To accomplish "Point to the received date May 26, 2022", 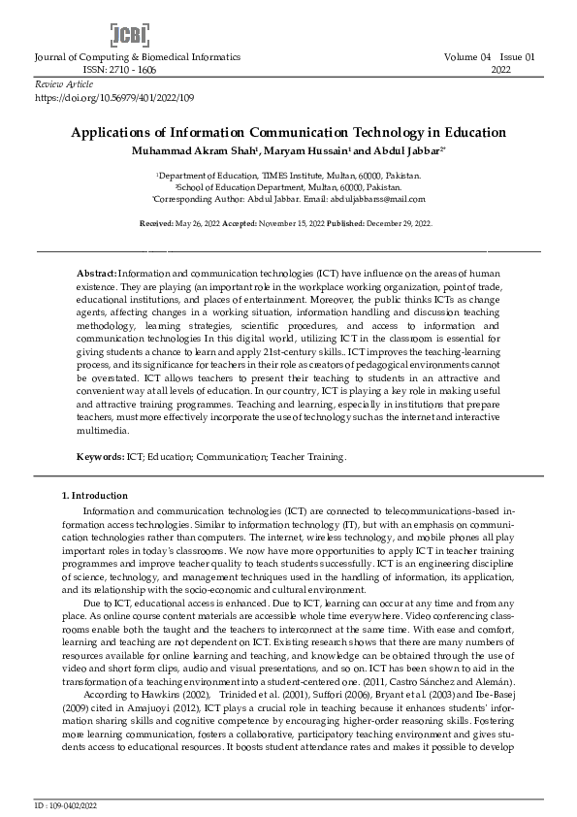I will [x=190, y=223].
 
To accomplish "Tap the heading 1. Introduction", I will [x=93, y=496].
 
